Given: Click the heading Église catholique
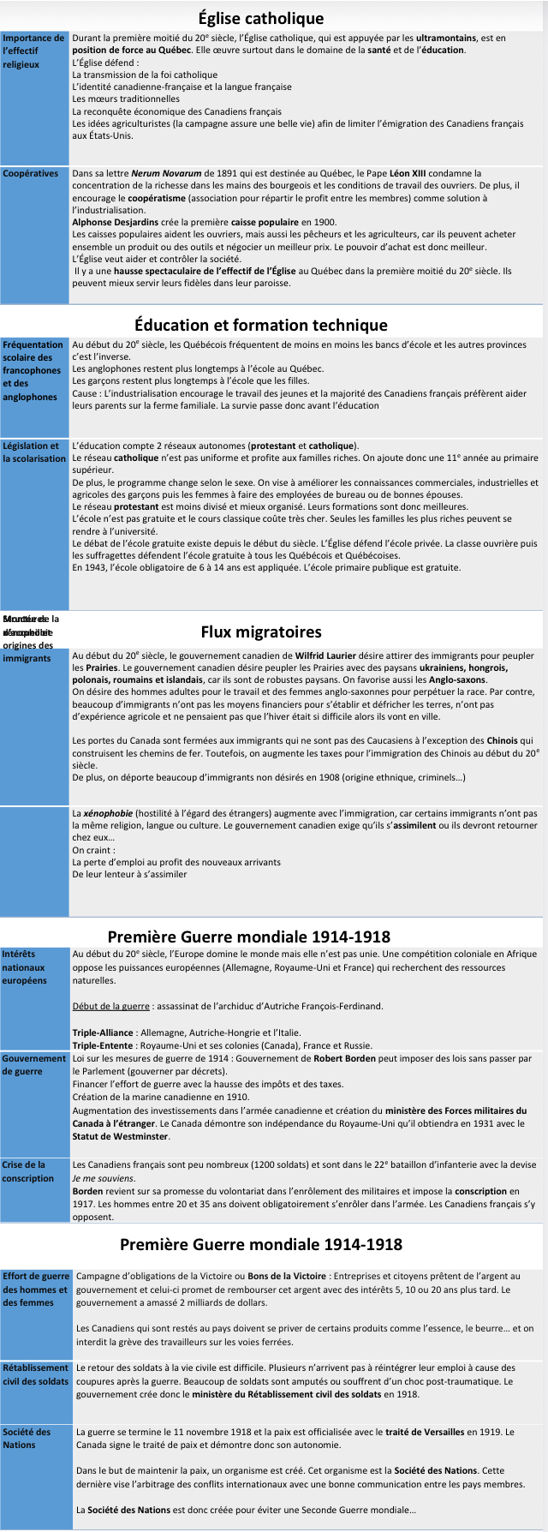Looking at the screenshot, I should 261,18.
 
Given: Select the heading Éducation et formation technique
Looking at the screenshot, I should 261,325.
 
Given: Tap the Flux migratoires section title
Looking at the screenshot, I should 261,631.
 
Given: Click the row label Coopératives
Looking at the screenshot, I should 31,174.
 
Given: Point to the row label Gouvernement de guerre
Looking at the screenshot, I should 34,1065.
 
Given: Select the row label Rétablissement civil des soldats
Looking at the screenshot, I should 36,1374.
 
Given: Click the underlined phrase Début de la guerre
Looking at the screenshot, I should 110,1006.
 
